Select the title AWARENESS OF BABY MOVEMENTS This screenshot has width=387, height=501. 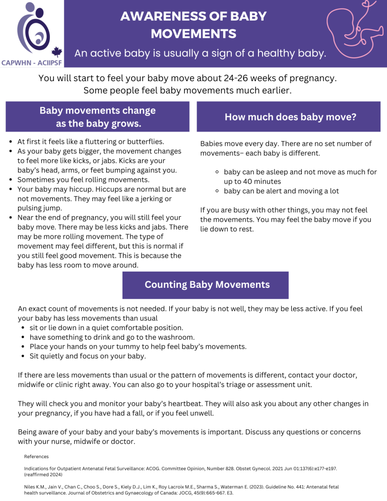click(x=193, y=25)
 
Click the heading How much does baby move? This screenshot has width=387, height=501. click(x=291, y=117)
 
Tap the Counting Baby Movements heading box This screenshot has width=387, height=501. click(x=207, y=285)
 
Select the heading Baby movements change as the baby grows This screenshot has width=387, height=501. click(x=98, y=117)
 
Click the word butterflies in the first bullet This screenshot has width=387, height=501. click(x=150, y=142)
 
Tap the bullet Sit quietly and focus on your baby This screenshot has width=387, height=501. click(x=88, y=356)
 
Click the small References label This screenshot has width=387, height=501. click(x=36, y=457)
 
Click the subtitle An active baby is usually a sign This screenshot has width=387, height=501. click(x=200, y=53)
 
